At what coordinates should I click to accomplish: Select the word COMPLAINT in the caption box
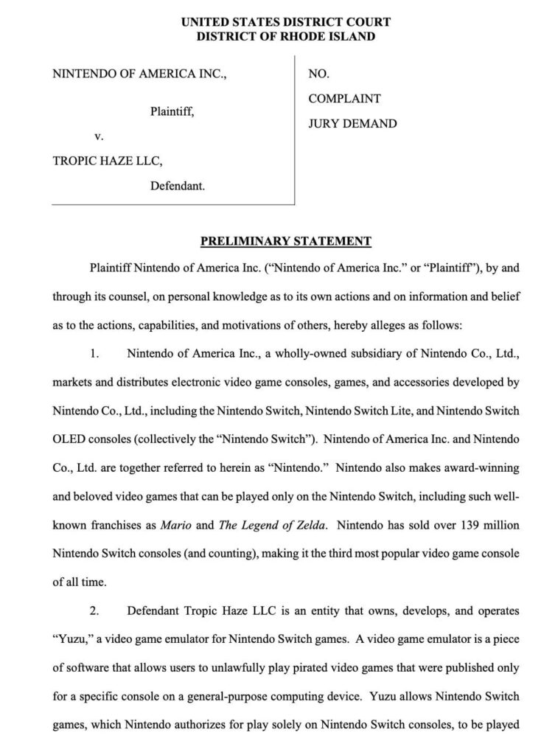coord(344,98)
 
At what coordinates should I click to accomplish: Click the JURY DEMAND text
coord(352,123)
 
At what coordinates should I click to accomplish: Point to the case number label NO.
coord(318,74)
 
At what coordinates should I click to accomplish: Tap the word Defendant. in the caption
coord(178,187)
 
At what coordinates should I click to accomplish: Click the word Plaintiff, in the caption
coord(172,111)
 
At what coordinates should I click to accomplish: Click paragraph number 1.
coord(94,353)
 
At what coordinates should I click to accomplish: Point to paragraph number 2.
coord(94,611)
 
